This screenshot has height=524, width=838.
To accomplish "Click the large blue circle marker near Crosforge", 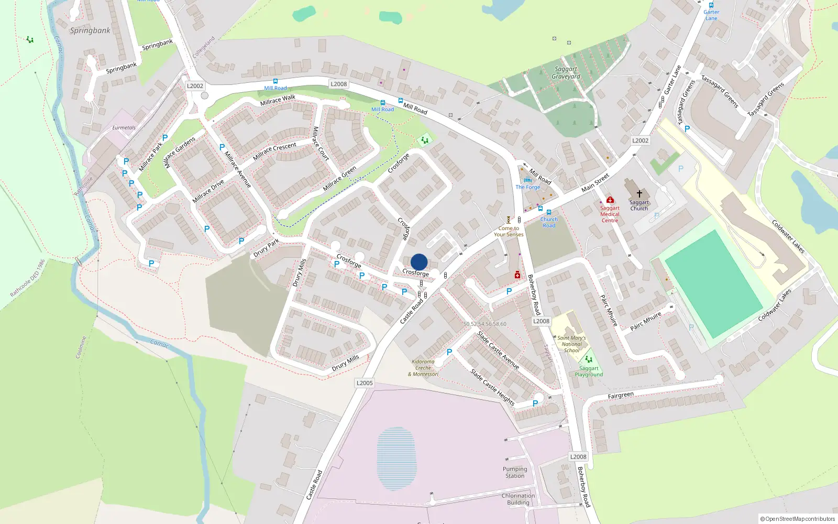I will [419, 262].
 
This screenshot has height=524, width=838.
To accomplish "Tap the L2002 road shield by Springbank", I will [195, 86].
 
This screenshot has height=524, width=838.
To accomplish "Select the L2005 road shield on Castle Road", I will [365, 383].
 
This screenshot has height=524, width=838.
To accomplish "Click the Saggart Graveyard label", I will [566, 73].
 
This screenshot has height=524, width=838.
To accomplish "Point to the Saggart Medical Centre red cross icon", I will [610, 200].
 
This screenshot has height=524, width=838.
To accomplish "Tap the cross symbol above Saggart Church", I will [639, 194].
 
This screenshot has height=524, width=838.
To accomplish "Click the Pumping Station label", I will [515, 473].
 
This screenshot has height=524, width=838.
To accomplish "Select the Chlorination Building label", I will [518, 499].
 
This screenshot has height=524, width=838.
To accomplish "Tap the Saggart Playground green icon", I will [588, 359].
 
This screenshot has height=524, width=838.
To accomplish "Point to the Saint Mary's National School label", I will [571, 344].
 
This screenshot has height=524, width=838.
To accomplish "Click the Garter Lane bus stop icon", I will [711, 5].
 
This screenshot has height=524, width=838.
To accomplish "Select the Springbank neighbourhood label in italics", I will [90, 30].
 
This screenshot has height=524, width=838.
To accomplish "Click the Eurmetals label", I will [124, 127].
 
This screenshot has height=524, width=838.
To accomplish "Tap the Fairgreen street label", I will [621, 396].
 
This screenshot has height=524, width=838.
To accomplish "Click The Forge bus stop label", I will [527, 187].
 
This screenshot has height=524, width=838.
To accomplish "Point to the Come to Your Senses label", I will [509, 231].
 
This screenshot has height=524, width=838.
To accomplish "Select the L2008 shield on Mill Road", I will [338, 84].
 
